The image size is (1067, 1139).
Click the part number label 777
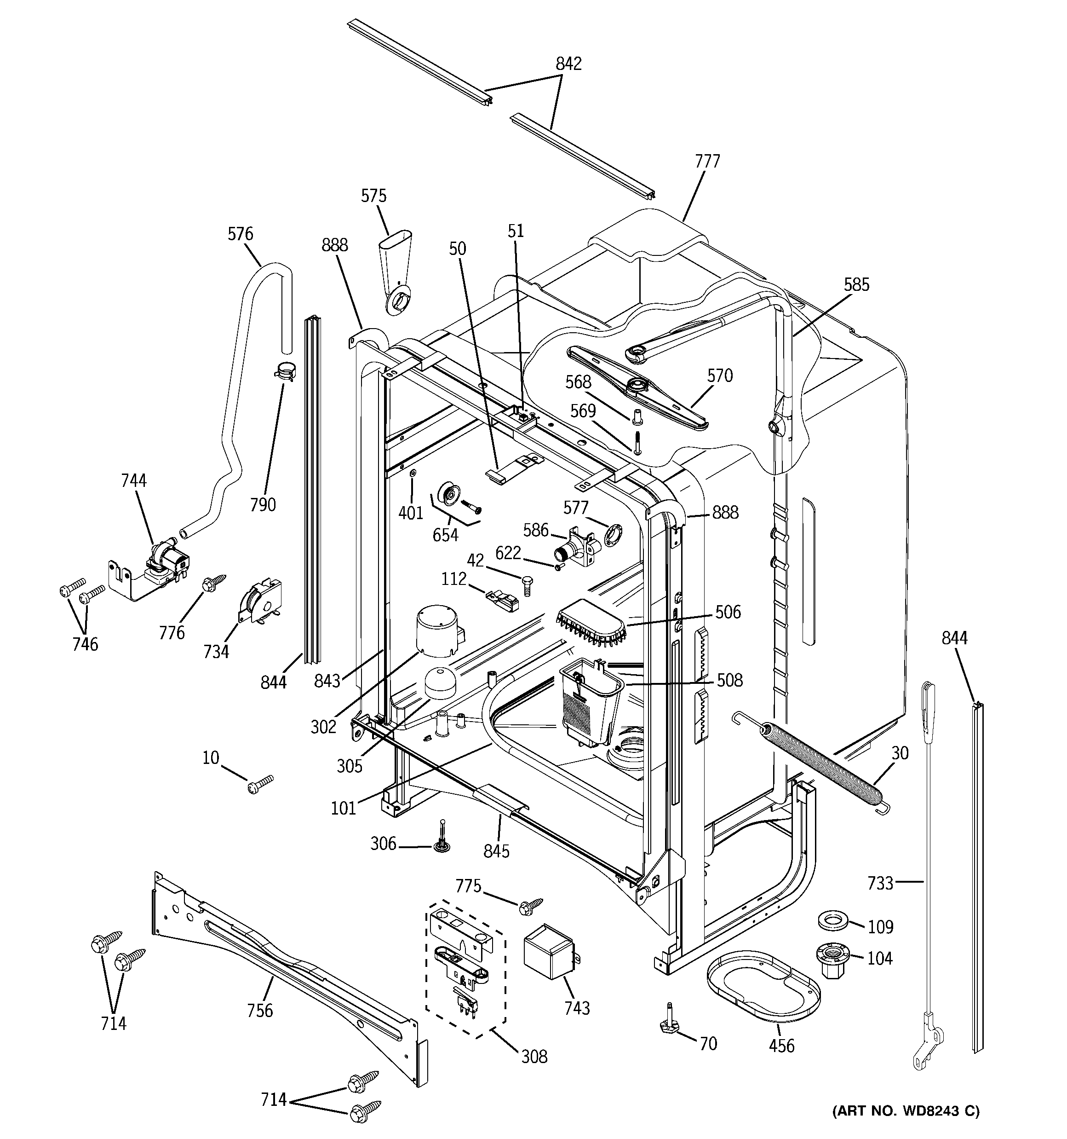(707, 162)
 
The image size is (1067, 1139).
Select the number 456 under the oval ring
(781, 1046)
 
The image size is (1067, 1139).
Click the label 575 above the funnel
(373, 196)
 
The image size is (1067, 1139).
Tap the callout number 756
(259, 1010)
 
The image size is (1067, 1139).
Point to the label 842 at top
(568, 64)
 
